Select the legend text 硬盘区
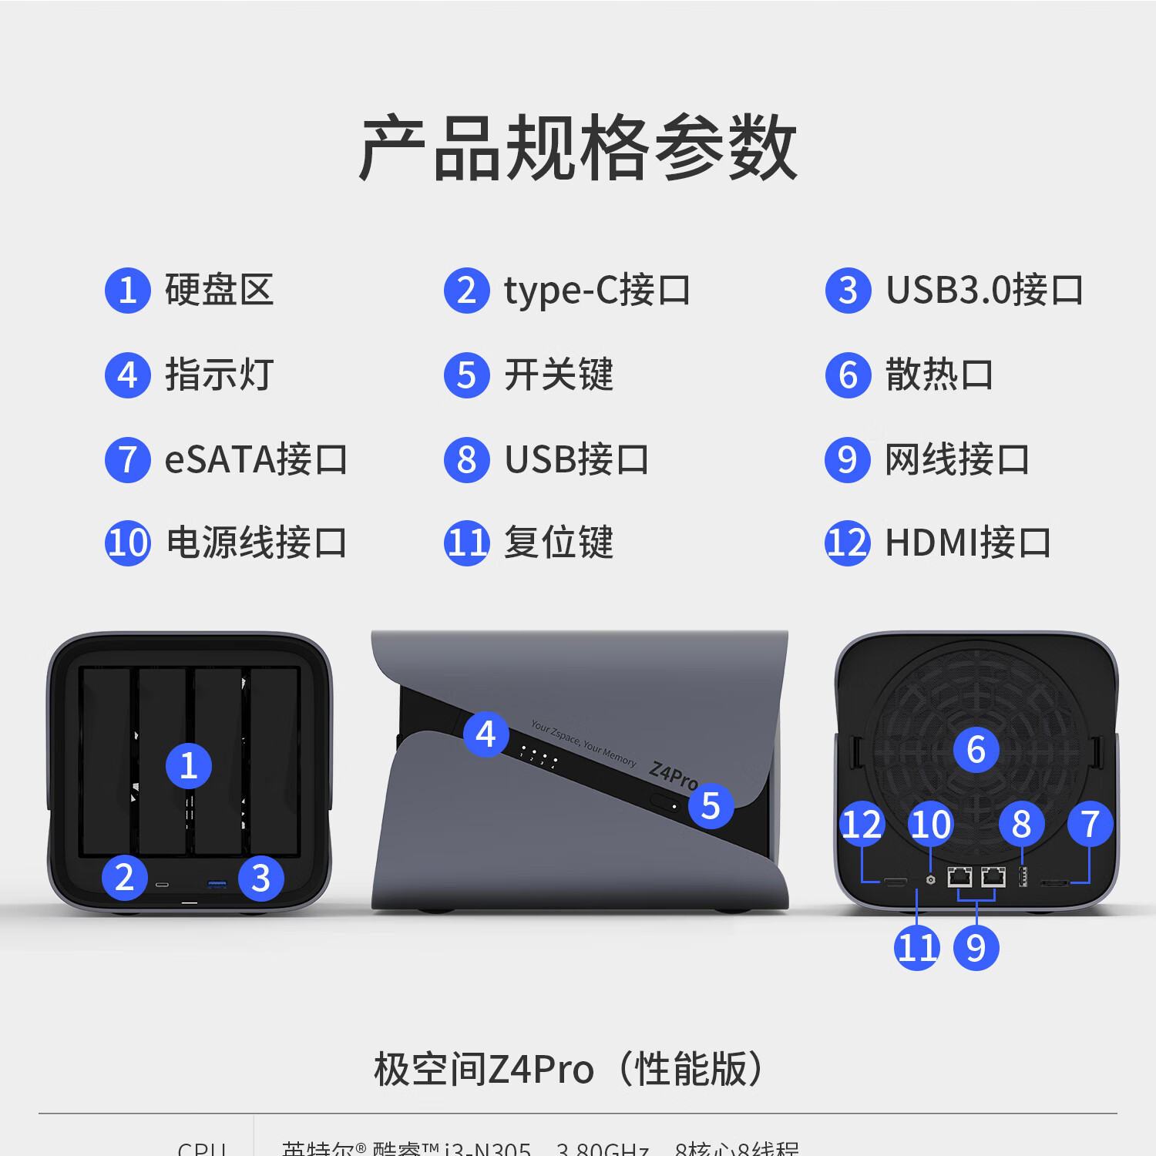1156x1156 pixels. coord(219,291)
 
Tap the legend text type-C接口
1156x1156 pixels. coord(596,291)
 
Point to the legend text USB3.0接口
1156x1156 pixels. coord(984,291)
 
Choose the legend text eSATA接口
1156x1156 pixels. coord(255,460)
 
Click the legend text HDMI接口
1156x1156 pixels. coord(967,543)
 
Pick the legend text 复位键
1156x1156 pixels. coord(558,543)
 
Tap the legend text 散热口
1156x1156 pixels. coord(939,375)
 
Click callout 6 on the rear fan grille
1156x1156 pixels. coord(976,750)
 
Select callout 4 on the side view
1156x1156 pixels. coord(486,734)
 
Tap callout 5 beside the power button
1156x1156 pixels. coord(711,806)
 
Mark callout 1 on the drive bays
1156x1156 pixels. coord(189,765)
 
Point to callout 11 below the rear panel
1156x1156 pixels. coord(917,948)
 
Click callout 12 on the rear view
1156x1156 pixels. coord(862,824)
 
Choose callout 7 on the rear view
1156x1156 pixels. coord(1090,824)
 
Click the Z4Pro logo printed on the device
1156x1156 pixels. coord(673,774)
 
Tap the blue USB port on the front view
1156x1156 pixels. coord(217,883)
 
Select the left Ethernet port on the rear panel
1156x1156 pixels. coord(959,877)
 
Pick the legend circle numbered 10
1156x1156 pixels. coord(128,543)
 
